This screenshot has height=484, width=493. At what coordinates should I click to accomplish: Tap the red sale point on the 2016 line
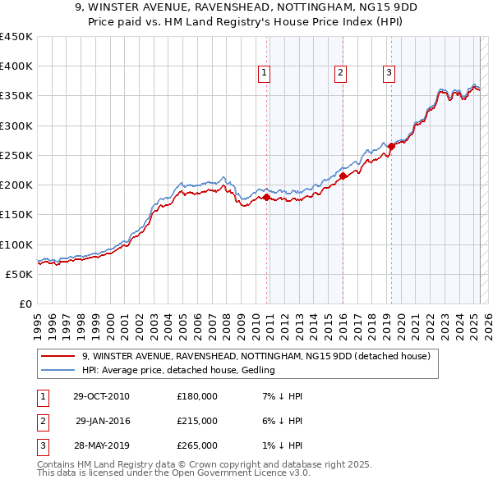(x=343, y=176)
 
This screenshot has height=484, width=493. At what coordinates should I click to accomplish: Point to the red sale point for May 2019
(x=391, y=146)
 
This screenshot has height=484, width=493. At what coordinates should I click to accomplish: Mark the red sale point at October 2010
(x=266, y=197)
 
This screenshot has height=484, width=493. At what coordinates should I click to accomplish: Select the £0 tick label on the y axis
(x=25, y=304)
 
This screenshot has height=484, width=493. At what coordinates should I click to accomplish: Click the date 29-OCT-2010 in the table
(x=101, y=396)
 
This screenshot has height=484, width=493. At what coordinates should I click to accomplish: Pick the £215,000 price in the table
(x=197, y=421)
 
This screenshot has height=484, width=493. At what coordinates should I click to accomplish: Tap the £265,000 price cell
(x=197, y=445)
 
